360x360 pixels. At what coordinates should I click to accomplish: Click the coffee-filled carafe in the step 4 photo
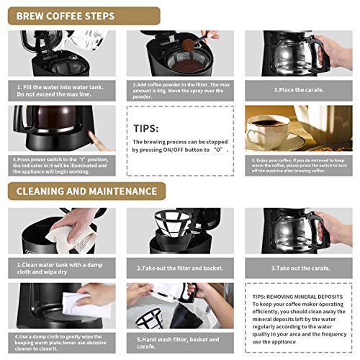(50, 130)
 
